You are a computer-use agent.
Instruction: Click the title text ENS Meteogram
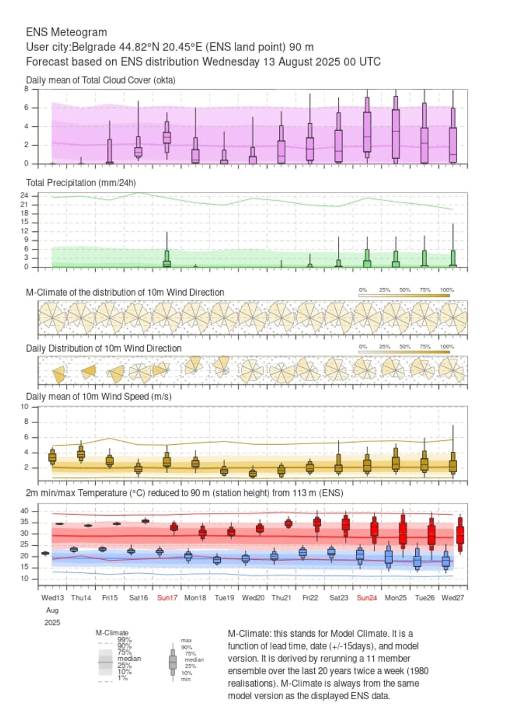[x=66, y=32]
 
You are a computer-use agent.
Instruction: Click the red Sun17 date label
[x=167, y=598]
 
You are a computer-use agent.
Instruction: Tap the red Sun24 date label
[x=367, y=598]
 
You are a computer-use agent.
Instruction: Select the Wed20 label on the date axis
[x=253, y=598]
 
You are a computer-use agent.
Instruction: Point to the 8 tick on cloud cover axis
[x=26, y=89]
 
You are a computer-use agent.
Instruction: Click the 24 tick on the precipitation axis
[x=24, y=196]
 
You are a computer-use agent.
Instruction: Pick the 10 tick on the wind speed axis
[x=25, y=407]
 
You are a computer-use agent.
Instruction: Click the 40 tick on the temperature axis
[x=25, y=511]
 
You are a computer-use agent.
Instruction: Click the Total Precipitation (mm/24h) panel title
[x=81, y=183]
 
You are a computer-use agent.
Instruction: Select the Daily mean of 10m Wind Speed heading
[x=98, y=397]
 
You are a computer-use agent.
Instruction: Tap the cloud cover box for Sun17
[x=167, y=138]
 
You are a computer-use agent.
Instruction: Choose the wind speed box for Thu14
[x=81, y=454]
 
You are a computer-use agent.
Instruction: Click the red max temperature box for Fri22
[x=317, y=522]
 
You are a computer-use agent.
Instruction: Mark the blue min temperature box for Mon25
[x=388, y=557]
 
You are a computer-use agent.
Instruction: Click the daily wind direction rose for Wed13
[x=59, y=374]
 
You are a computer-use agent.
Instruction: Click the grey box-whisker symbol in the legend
[x=172, y=662]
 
